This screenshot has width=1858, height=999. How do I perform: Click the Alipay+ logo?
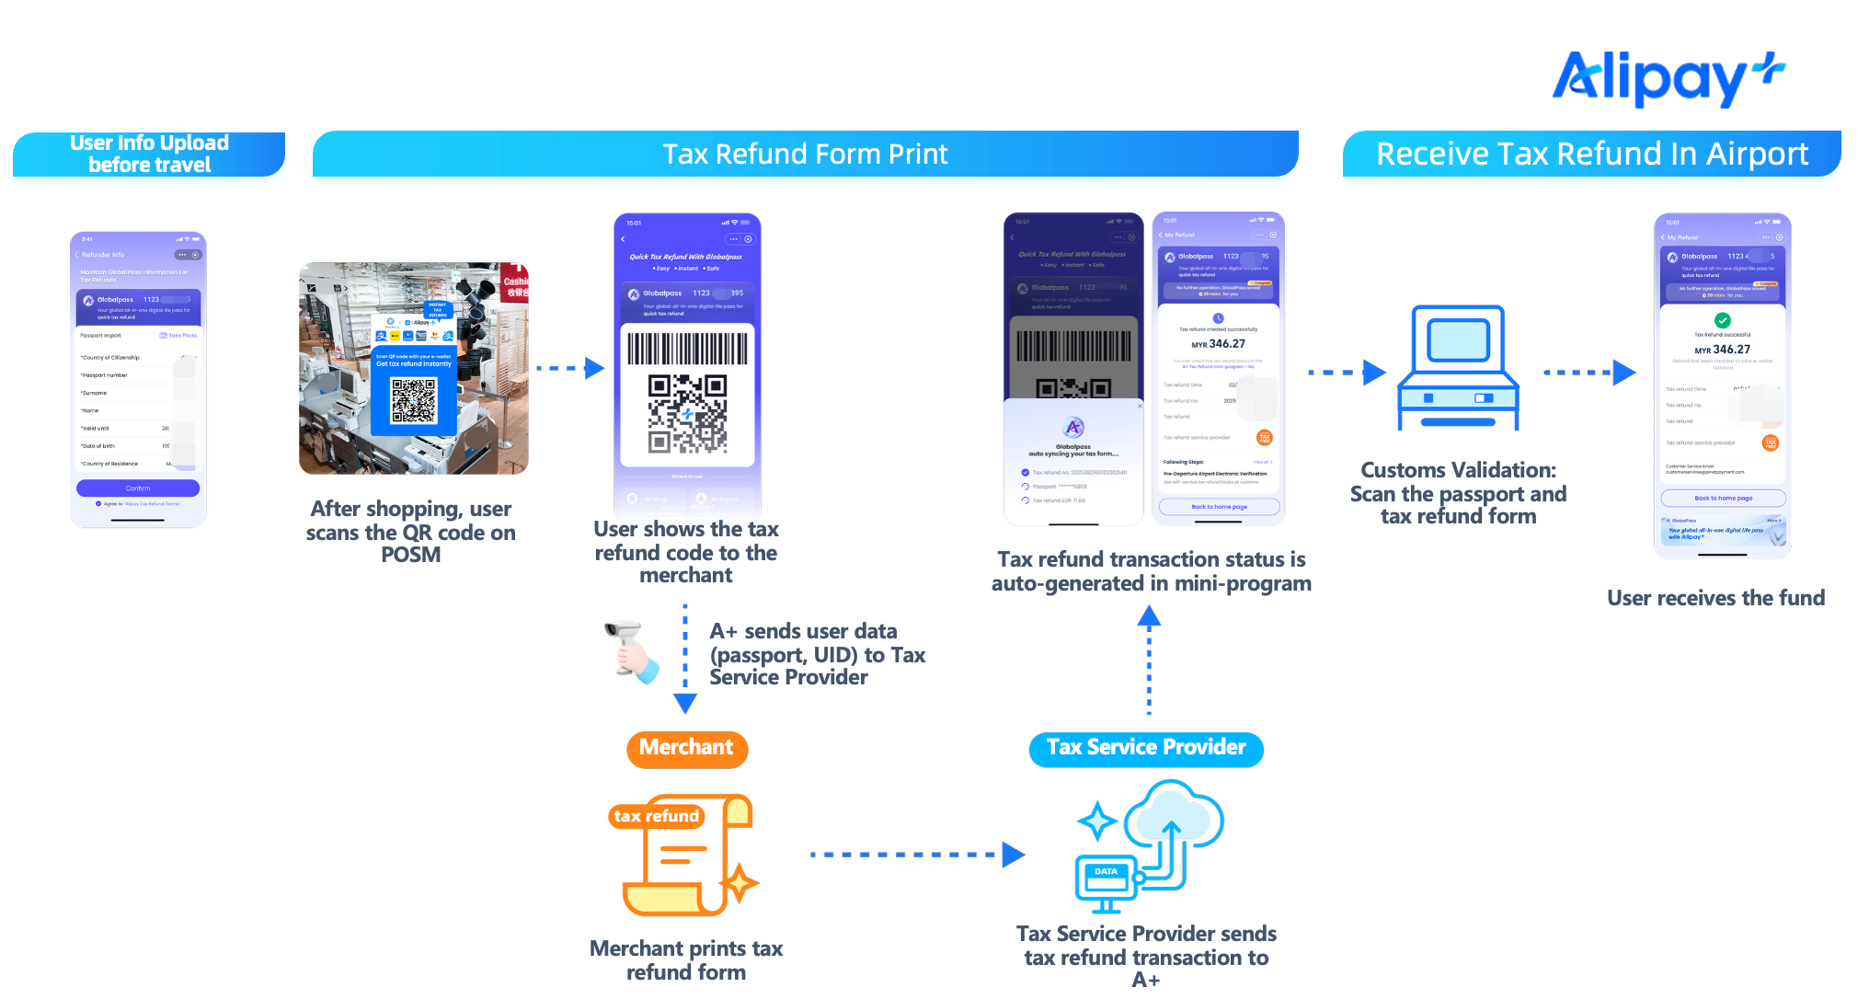point(1667,78)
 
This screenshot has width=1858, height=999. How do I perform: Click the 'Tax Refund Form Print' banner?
point(805,154)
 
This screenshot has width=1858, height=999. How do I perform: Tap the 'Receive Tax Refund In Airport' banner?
point(1591,154)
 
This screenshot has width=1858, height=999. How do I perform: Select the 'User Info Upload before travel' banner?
point(149,154)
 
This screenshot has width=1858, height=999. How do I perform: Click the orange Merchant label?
point(686,748)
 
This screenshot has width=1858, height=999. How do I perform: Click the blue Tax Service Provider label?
point(1146,748)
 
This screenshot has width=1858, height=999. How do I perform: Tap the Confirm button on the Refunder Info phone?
point(138,488)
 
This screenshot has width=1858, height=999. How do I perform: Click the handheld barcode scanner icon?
point(631,651)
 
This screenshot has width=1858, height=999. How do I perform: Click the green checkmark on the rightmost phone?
point(1723,320)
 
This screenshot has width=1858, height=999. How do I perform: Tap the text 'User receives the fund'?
point(1715,598)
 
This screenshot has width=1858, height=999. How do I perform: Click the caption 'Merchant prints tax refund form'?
point(686,960)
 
